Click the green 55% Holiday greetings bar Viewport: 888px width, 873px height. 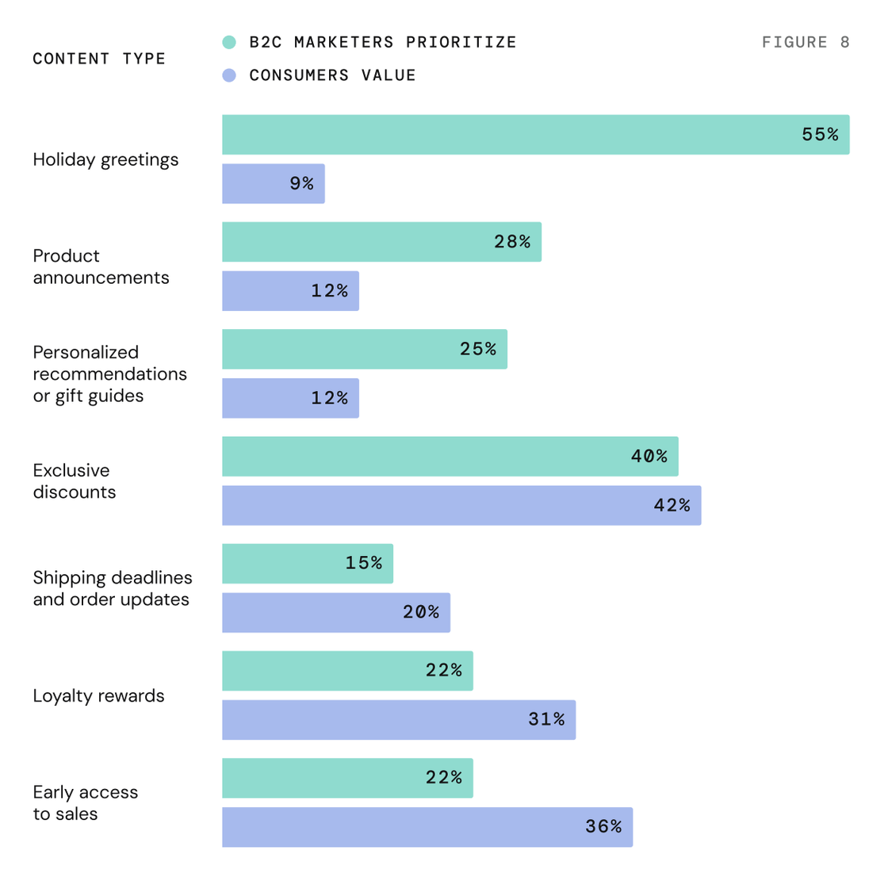(536, 135)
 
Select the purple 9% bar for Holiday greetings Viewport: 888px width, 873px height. (274, 183)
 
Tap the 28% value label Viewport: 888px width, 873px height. (512, 242)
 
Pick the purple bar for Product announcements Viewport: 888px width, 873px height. (290, 291)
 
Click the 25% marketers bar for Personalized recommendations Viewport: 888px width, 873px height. (365, 349)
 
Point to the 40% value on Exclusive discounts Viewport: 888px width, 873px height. (649, 456)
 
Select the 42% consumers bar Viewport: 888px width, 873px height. (461, 505)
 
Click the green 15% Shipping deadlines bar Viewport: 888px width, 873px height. (308, 564)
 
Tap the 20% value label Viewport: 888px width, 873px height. (421, 612)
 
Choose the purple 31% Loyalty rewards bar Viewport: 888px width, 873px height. (399, 719)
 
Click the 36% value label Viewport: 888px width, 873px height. (603, 826)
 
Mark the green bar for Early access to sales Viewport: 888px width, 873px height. (348, 778)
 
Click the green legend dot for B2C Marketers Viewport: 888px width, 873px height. (229, 43)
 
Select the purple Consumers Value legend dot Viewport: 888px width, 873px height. (229, 75)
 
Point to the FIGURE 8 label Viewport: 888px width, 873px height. (806, 43)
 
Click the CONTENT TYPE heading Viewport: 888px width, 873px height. (99, 59)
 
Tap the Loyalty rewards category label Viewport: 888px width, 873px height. (98, 696)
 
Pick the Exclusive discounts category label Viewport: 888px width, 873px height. (75, 481)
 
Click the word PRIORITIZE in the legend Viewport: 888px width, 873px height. (461, 43)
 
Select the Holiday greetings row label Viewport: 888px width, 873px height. (105, 160)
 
